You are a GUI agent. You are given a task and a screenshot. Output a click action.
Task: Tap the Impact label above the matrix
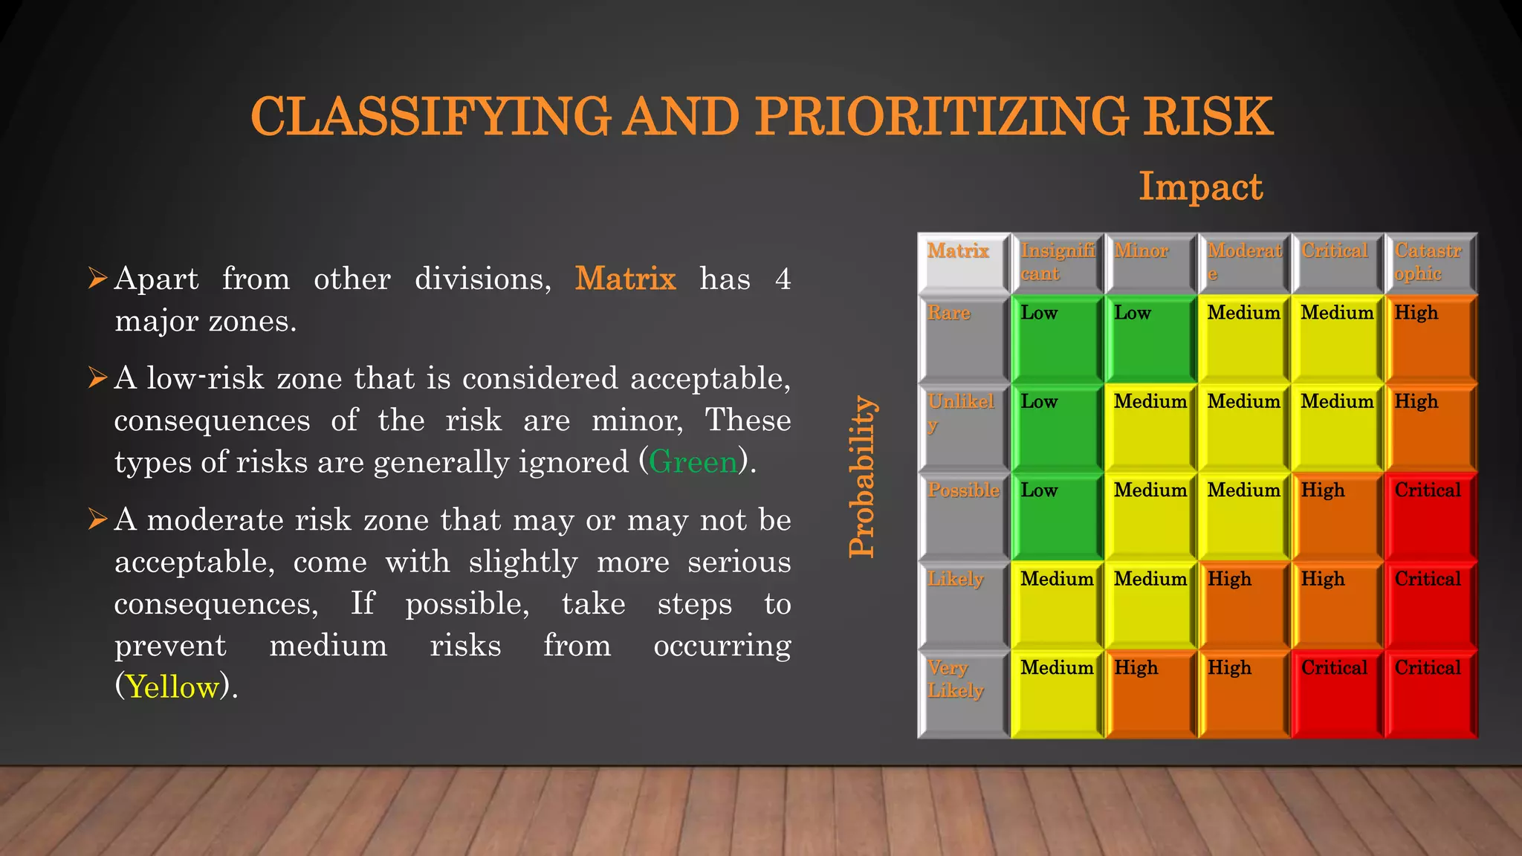coord(1200,187)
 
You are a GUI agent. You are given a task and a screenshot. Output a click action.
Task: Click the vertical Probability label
coord(862,476)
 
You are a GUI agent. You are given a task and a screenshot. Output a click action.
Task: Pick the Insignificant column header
coord(1057,263)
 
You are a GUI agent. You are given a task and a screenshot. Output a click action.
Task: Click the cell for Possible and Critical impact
coord(1337,516)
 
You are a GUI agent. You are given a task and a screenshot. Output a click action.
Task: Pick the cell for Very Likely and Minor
coord(1150,693)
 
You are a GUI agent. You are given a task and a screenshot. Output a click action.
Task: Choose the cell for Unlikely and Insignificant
coord(1057,427)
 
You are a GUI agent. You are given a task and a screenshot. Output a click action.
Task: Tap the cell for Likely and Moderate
coord(1243,605)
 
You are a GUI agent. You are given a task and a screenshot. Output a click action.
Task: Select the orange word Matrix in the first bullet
coord(625,279)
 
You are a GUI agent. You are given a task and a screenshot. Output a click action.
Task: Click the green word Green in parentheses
coord(693,462)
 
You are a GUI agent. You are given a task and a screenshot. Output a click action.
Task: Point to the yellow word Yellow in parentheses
coord(173,687)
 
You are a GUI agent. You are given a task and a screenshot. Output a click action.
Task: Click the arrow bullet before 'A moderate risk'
coord(97,519)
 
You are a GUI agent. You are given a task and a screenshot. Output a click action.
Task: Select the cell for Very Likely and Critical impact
coord(1337,693)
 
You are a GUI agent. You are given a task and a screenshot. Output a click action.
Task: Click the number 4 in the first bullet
coord(782,279)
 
